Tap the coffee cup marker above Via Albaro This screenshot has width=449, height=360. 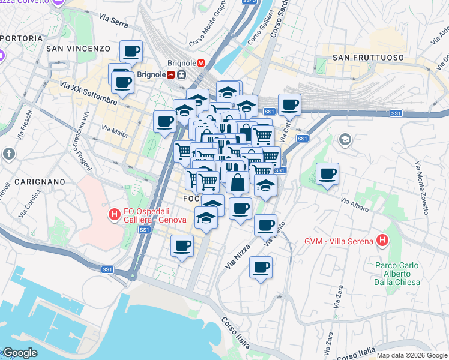click(327, 174)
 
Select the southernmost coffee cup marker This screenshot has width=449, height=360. click(261, 267)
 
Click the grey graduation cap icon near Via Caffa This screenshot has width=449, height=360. click(345, 140)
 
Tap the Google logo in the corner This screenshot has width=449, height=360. click(19, 353)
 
